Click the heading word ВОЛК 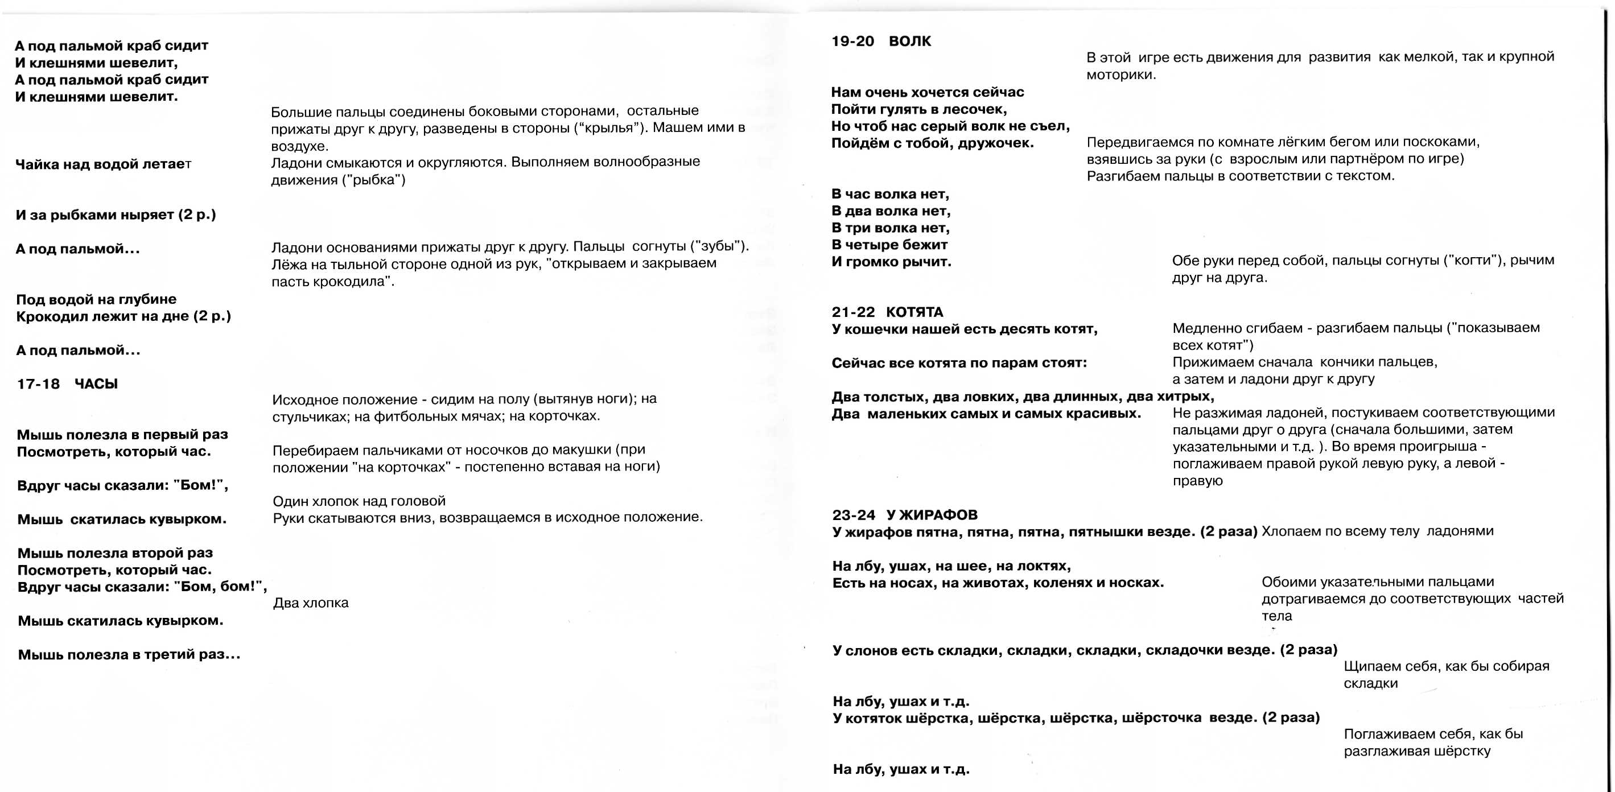click(910, 42)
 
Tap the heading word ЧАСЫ click(96, 384)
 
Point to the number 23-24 click(853, 515)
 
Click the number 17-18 click(38, 384)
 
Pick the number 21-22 click(852, 312)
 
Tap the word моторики click(1121, 75)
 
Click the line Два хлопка click(310, 603)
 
